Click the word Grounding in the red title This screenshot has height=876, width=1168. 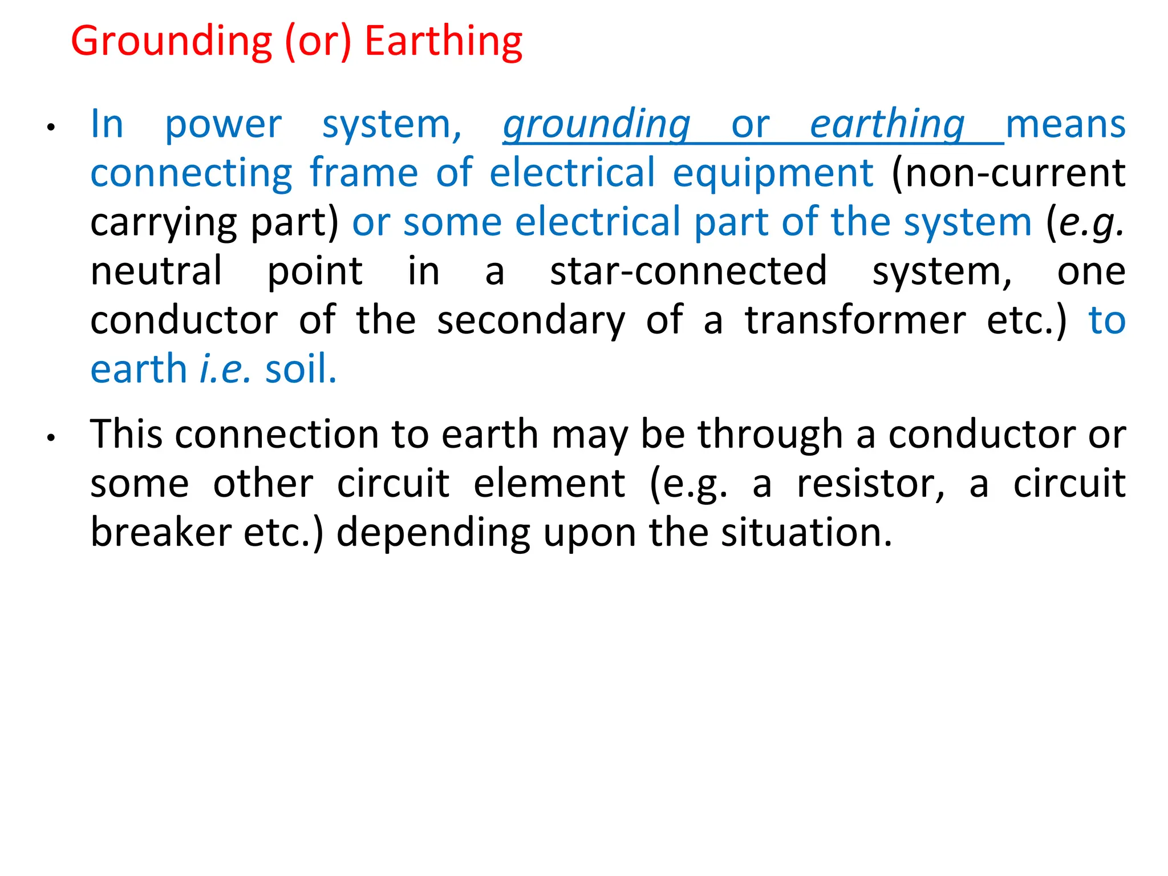click(172, 42)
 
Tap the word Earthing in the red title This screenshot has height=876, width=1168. click(443, 42)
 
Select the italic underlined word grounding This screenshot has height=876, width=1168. click(597, 124)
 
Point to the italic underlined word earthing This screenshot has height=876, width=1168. click(887, 124)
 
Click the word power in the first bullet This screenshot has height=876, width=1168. click(223, 124)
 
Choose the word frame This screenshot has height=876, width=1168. click(364, 172)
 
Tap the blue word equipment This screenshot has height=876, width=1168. click(773, 173)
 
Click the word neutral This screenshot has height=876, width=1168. click(156, 271)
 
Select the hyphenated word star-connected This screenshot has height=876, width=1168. click(688, 271)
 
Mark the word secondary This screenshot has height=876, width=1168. click(531, 321)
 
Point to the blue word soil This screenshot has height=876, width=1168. click(301, 369)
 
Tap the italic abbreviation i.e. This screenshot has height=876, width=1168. click(225, 369)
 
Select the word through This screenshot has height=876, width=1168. click(770, 435)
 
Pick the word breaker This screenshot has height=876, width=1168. click(160, 532)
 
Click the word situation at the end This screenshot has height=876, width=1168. click(806, 532)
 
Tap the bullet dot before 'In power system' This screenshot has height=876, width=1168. click(51, 128)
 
